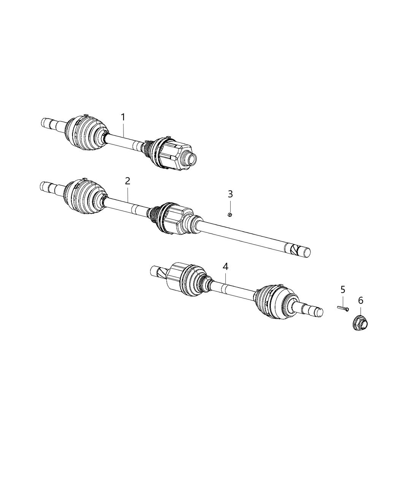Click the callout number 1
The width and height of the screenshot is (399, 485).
[x=123, y=117]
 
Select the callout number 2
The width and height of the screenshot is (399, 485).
[x=128, y=181]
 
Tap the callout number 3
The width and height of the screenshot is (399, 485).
[x=230, y=194]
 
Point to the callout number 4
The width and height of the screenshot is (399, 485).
[x=226, y=267]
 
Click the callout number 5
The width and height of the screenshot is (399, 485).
[x=342, y=289]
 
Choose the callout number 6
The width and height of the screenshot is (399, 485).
[x=361, y=301]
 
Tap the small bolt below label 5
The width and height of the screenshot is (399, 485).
[x=342, y=308]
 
